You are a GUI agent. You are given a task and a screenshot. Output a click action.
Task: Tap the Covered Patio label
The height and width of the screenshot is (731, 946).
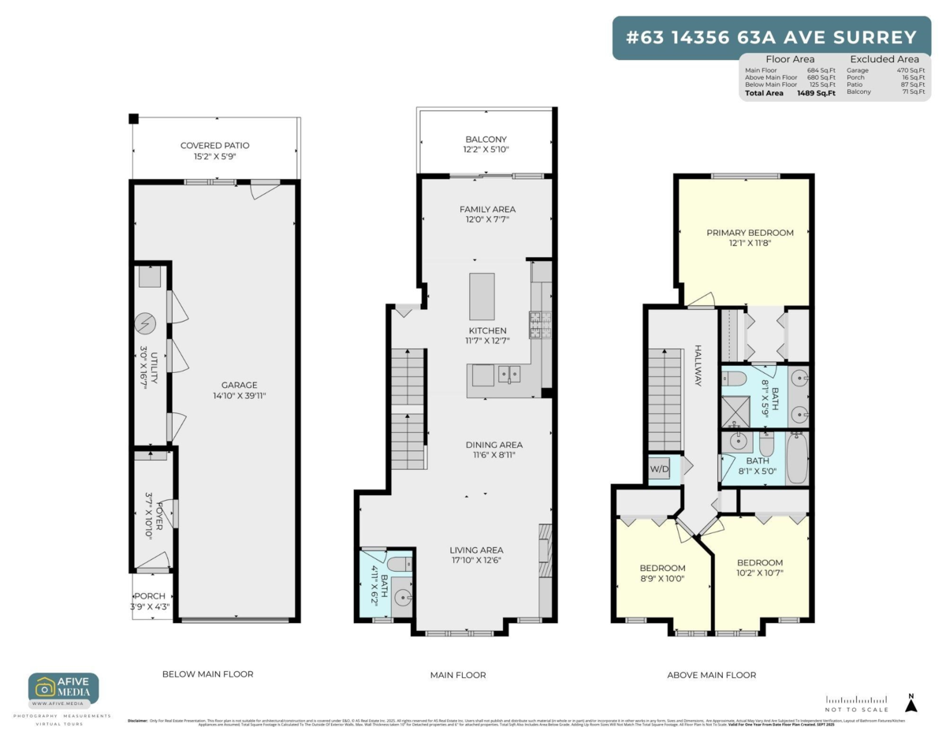coord(214,146)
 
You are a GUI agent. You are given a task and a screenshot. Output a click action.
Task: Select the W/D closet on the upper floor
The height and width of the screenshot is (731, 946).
coord(658,470)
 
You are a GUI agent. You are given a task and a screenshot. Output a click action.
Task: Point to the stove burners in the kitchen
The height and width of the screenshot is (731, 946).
coord(541,323)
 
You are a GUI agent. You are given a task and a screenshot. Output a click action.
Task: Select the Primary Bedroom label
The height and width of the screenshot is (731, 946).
coord(750,233)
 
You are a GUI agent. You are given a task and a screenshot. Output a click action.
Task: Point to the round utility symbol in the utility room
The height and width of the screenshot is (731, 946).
coord(146,323)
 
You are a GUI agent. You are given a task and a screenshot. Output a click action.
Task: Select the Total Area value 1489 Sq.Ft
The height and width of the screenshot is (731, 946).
coord(815,93)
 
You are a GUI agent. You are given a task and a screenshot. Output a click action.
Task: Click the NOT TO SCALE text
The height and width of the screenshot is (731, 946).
coord(856,710)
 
